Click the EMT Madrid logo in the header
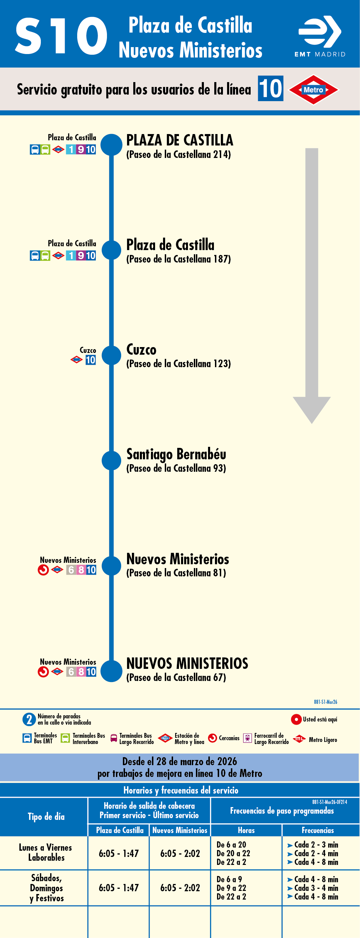[319, 36]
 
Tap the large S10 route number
[61, 36]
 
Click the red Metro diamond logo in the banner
[313, 90]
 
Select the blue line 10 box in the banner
[270, 88]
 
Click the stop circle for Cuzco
[111, 355]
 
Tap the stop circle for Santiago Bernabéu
[111, 460]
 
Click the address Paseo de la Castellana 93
[176, 469]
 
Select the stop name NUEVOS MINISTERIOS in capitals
[187, 663]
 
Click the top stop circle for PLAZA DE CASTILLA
[111, 145]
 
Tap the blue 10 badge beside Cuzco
[91, 360]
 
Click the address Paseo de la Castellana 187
[178, 259]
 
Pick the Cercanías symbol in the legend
[212, 738]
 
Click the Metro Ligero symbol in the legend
[299, 739]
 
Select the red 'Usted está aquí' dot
[296, 719]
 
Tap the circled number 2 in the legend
[29, 719]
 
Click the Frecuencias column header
[317, 830]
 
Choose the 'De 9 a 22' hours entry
[231, 888]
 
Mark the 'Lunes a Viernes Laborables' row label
[45, 852]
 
